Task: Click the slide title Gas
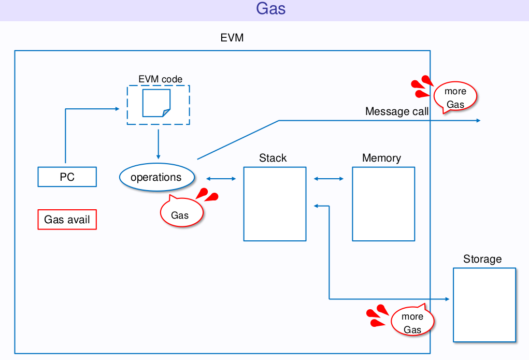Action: click(271, 9)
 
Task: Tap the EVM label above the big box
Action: click(232, 38)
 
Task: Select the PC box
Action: click(67, 177)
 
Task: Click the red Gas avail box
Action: click(67, 220)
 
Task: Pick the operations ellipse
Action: click(156, 177)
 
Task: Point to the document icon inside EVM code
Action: click(156, 103)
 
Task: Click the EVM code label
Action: click(160, 79)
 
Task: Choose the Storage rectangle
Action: click(484, 305)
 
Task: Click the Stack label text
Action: click(273, 158)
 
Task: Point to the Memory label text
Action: click(382, 158)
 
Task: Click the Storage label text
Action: click(482, 259)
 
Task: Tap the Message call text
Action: click(397, 111)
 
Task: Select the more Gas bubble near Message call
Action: click(455, 97)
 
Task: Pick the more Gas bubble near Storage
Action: click(412, 323)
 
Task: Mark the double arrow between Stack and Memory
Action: click(328, 179)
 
